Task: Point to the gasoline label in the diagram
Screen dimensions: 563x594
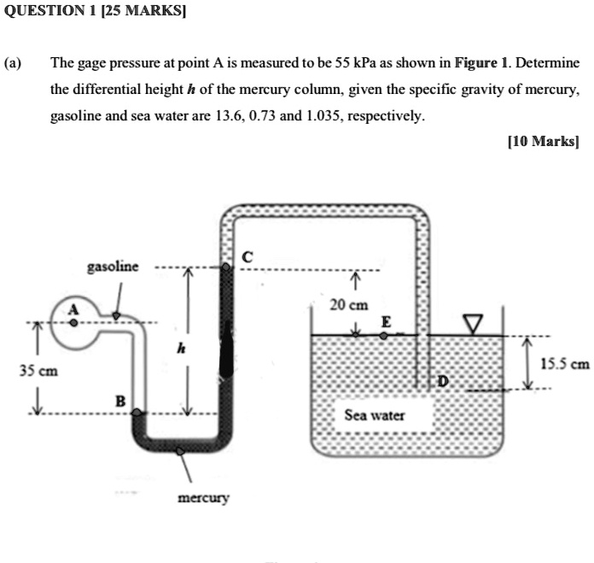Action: coord(113,267)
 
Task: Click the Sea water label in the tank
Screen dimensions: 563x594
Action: coord(375,416)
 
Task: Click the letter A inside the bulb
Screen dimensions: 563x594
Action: coord(73,309)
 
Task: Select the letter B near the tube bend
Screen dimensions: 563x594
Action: coord(120,401)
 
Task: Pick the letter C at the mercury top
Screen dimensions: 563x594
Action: coord(247,256)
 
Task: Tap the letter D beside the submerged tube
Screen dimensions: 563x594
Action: coord(442,380)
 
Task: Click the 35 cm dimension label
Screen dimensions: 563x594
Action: coord(38,372)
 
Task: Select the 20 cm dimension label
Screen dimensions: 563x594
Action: coord(350,305)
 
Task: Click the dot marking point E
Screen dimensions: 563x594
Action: coord(383,336)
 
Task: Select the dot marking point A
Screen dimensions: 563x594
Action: coord(73,324)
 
